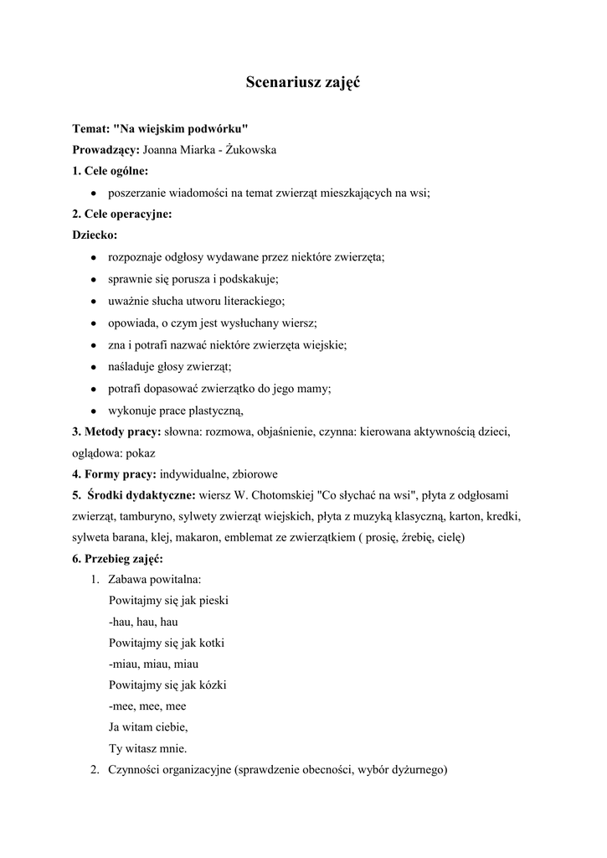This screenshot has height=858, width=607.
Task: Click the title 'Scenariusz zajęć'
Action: (x=303, y=82)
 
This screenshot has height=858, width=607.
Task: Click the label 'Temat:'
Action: (x=90, y=129)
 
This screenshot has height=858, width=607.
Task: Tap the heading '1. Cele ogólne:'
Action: (x=110, y=171)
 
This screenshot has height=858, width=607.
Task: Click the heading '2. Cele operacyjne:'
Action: (x=121, y=214)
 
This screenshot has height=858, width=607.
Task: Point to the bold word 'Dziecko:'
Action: (x=95, y=235)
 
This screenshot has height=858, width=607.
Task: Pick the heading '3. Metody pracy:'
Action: (x=116, y=432)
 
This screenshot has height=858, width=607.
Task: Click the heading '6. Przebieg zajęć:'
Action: (x=118, y=558)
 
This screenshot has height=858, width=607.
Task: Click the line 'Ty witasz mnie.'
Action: (x=148, y=748)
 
